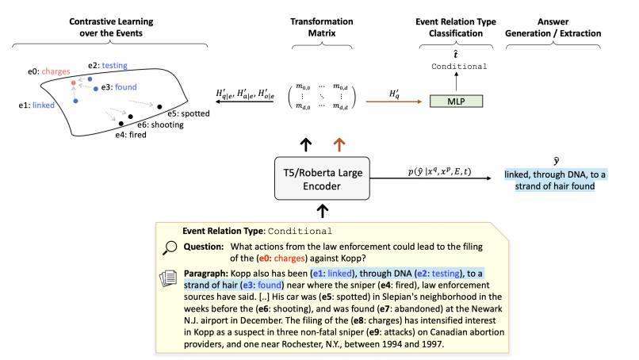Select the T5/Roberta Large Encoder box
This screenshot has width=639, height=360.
coord(323,178)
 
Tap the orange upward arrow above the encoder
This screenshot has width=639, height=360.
coord(339,144)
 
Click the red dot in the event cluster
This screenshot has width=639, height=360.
coord(73,82)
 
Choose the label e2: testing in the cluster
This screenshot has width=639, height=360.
coord(108,65)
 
